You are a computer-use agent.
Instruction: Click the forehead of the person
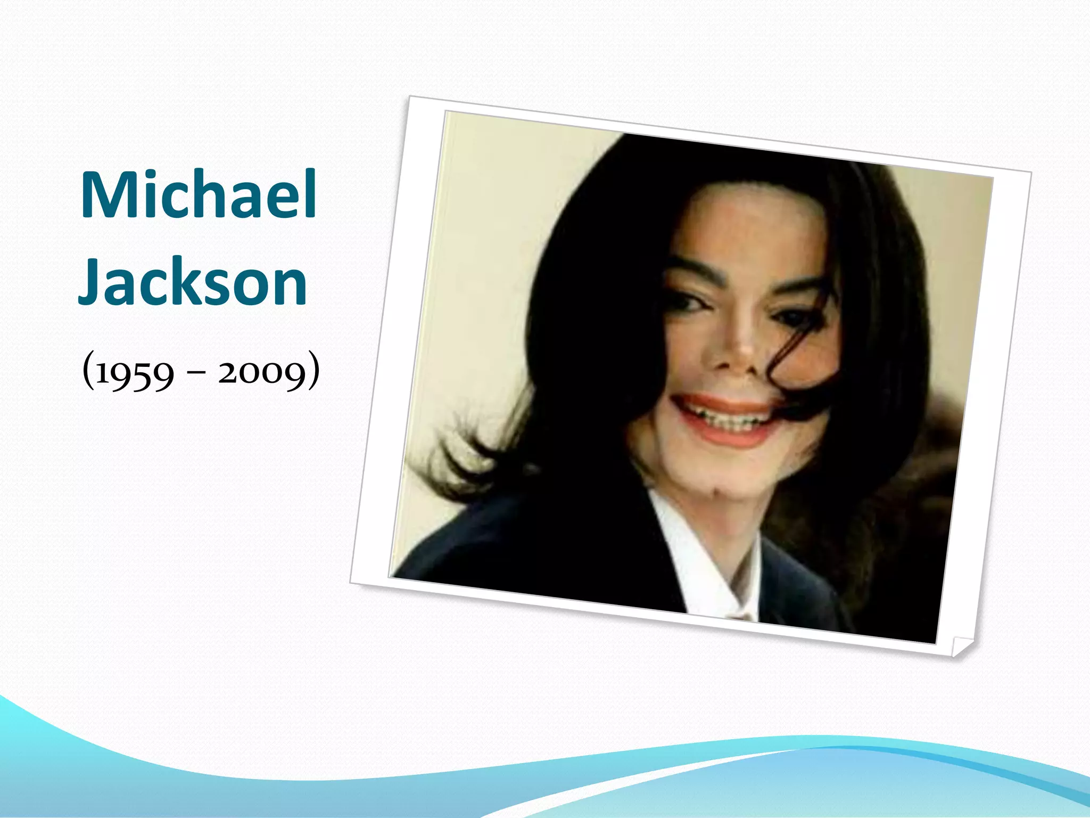tap(756, 224)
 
